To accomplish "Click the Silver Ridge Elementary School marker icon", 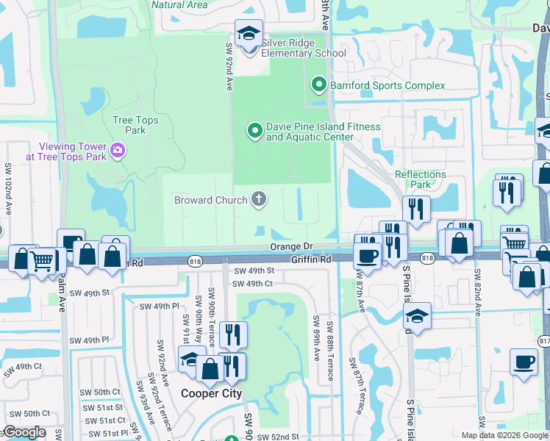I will coord(249,34).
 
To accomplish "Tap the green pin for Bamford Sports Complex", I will coord(318,85).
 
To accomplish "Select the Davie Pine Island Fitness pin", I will coord(254,132).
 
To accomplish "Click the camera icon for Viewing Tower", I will coord(117,151).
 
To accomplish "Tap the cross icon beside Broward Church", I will coord(258,199).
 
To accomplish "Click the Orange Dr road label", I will coord(292,247).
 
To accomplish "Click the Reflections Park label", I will coord(421,179).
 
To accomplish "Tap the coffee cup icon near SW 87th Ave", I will coord(365,256).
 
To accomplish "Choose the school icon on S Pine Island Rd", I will coord(417,317).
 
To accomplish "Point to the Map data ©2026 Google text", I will coord(504,435).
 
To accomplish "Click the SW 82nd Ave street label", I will coord(478,293).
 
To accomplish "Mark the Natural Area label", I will coord(179,4).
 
